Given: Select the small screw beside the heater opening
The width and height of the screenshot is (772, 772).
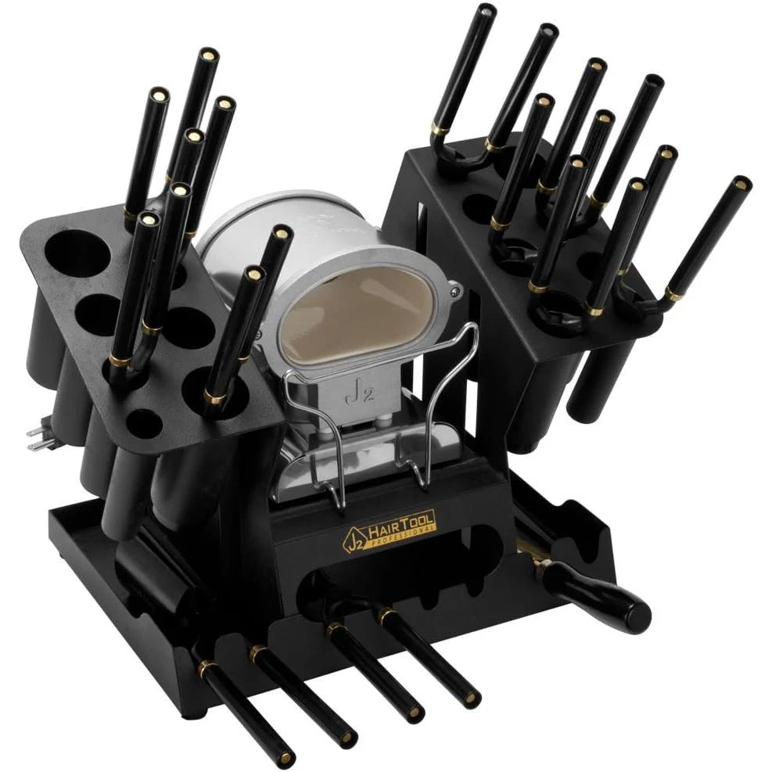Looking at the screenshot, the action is pos(455,293).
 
